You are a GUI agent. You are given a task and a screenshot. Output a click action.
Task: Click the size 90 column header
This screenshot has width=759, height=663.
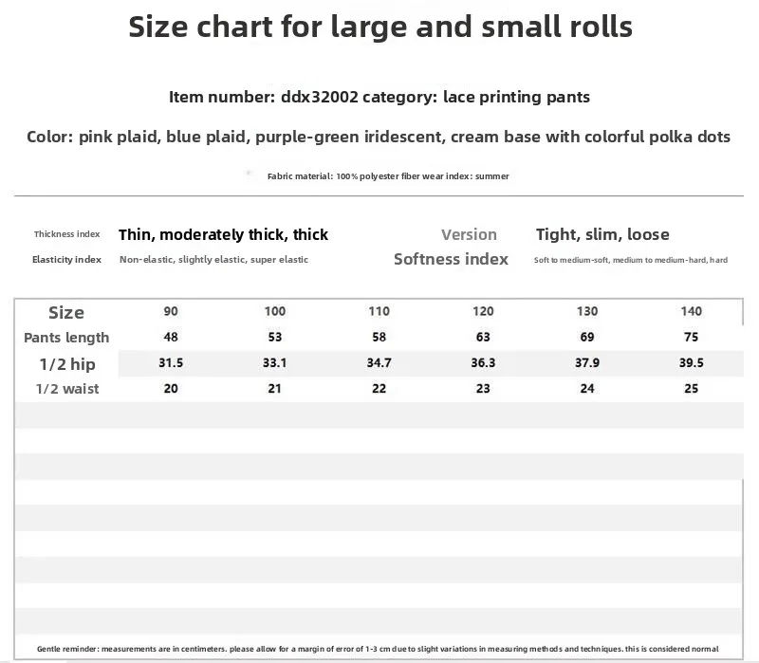tap(171, 311)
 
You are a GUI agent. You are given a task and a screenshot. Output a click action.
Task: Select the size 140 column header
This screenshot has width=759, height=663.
tap(692, 311)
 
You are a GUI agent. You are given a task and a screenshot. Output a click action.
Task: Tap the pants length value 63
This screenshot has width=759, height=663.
tap(483, 337)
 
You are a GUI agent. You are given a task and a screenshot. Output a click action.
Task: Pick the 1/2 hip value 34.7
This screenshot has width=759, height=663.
tap(379, 362)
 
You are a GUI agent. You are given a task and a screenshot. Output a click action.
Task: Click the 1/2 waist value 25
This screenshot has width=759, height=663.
tap(692, 388)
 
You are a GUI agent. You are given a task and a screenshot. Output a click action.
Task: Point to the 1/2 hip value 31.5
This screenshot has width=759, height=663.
tap(171, 362)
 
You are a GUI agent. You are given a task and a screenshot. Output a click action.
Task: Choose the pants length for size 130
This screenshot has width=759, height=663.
tap(587, 337)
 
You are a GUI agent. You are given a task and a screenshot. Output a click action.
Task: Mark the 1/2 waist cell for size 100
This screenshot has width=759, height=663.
tap(274, 388)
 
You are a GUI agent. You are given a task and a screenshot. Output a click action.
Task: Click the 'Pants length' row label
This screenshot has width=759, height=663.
tap(66, 338)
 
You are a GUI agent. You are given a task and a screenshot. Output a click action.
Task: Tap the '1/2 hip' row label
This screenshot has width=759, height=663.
tap(67, 364)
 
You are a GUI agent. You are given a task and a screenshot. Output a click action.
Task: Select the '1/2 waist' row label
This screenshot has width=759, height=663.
tap(67, 389)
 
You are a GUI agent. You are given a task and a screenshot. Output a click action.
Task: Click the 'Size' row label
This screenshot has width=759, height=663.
tap(66, 313)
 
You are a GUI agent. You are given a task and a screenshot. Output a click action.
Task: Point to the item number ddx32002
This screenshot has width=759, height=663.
tap(320, 97)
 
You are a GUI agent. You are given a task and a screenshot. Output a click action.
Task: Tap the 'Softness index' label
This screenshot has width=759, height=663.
tap(452, 259)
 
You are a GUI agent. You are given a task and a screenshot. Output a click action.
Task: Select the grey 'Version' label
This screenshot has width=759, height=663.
tap(469, 234)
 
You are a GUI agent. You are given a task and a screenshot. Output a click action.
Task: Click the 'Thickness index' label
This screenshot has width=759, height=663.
tap(66, 234)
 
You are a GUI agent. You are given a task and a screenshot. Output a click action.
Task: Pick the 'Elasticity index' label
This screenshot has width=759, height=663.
tap(66, 260)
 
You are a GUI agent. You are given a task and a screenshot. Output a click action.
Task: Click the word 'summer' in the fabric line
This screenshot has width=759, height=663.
tap(492, 176)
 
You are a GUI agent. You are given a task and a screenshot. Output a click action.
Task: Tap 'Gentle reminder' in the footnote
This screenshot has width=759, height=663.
tap(67, 649)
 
